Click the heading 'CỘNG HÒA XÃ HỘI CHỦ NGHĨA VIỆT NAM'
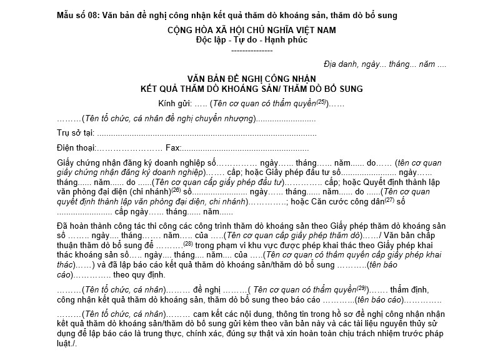click(x=251, y=30)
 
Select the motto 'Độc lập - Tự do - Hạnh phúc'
click(x=251, y=40)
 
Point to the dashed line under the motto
click(x=251, y=49)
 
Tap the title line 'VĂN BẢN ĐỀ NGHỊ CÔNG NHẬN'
click(x=251, y=79)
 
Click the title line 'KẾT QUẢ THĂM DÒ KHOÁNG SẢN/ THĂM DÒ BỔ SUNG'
click(x=251, y=89)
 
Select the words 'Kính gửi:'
click(x=176, y=103)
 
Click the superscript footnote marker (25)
click(x=321, y=101)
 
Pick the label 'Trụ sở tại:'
click(x=76, y=133)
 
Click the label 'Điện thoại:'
click(x=77, y=148)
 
